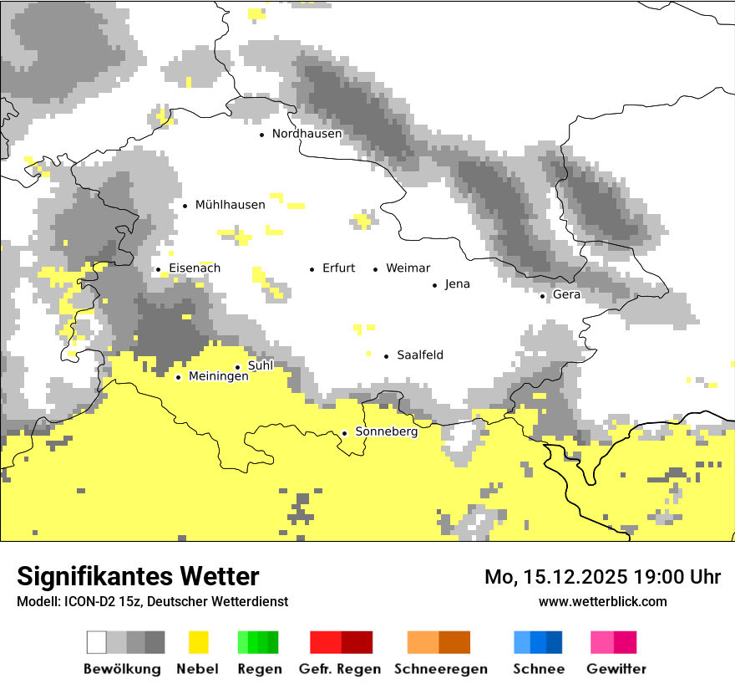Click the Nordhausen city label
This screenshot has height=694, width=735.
[307, 134]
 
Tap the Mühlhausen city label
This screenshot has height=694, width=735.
[230, 205]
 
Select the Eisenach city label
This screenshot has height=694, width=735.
[195, 268]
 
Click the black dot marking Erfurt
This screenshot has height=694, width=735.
[312, 269]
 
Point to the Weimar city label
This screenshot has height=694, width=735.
[408, 268]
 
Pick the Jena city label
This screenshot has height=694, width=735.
[457, 284]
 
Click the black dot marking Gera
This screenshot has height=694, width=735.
[542, 296]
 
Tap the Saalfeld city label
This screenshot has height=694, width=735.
[420, 355]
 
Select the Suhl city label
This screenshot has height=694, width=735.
[261, 365]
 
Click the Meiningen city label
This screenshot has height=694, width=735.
[218, 376]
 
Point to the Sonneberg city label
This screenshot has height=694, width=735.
[387, 431]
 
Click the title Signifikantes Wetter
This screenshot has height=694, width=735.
[138, 576]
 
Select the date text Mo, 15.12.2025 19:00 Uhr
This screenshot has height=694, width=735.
[602, 577]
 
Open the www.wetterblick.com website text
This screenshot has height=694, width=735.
[602, 601]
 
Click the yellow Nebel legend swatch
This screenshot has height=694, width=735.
[199, 642]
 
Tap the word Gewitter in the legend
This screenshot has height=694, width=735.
[616, 669]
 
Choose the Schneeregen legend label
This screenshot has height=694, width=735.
[441, 669]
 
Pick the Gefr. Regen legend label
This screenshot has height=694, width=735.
[340, 669]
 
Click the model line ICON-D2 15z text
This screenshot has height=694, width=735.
[152, 601]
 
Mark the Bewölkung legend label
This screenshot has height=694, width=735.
[122, 669]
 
